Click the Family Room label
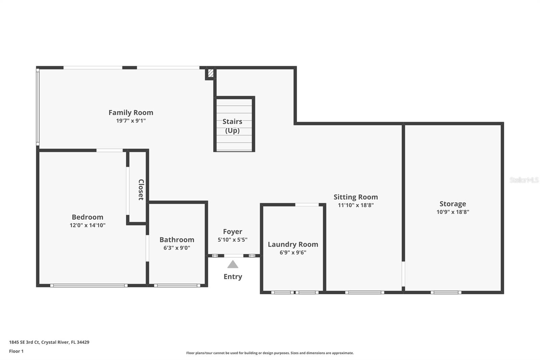pos(131,112)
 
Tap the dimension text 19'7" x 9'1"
pos(131,121)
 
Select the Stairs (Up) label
pos(232,126)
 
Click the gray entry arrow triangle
pos(233,264)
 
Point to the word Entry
pos(233,277)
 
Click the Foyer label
pos(233,232)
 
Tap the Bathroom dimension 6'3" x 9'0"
pos(177,248)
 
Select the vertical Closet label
pos(141,190)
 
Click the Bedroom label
pos(87,217)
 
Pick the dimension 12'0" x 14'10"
pos(87,225)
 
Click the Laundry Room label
pos(293,244)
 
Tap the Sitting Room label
pos(355,197)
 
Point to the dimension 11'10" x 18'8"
pos(355,205)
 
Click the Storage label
pos(453,204)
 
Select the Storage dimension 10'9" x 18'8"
pos(453,212)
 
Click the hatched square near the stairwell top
pos(210,73)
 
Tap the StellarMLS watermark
pos(524,180)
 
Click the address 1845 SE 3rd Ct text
pos(49,342)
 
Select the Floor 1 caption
pos(16,351)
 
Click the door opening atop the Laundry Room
pos(307,205)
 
